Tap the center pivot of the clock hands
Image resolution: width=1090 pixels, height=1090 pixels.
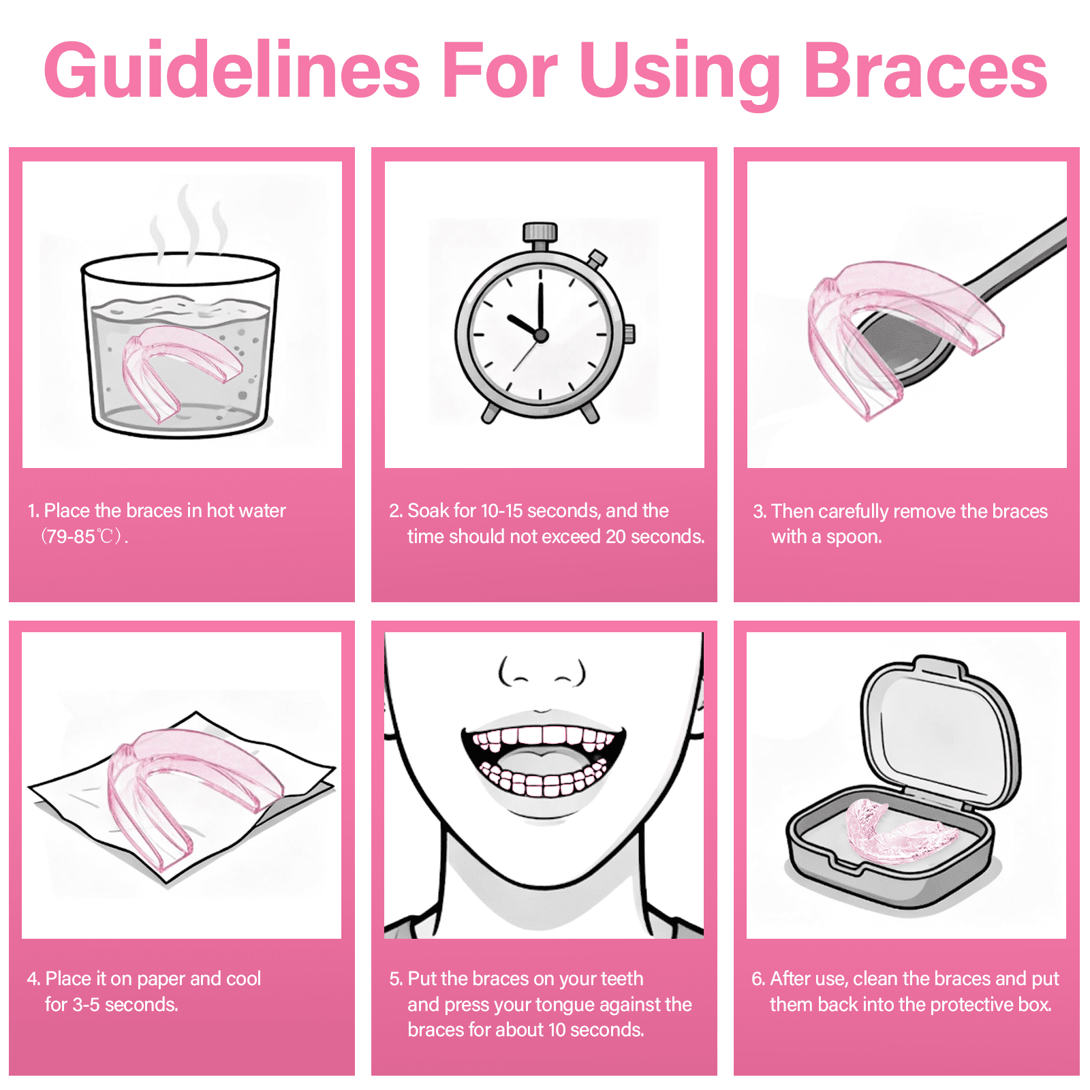pos(541,335)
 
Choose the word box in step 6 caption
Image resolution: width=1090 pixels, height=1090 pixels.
pos(1035,1005)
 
